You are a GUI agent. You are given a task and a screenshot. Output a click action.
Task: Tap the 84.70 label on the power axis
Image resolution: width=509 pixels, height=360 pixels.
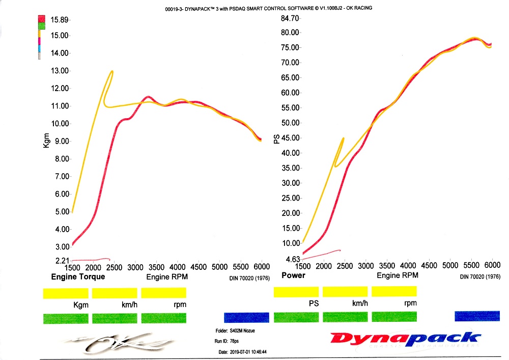click(289, 19)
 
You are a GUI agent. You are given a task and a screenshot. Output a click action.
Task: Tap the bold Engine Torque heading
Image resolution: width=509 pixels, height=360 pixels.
click(78, 276)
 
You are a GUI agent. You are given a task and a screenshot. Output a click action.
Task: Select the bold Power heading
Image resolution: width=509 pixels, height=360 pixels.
click(294, 275)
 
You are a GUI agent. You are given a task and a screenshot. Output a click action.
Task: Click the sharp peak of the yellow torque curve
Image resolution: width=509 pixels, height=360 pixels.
click(111, 71)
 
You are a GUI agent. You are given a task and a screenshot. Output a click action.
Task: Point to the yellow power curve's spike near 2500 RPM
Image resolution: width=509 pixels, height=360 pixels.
click(344, 138)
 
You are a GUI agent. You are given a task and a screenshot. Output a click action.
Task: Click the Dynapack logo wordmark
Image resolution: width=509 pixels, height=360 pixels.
click(405, 338)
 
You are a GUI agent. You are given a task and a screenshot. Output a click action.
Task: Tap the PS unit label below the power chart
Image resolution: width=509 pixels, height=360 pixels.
click(314, 303)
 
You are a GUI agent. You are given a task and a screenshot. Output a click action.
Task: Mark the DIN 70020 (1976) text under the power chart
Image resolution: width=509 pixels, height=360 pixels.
click(478, 276)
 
